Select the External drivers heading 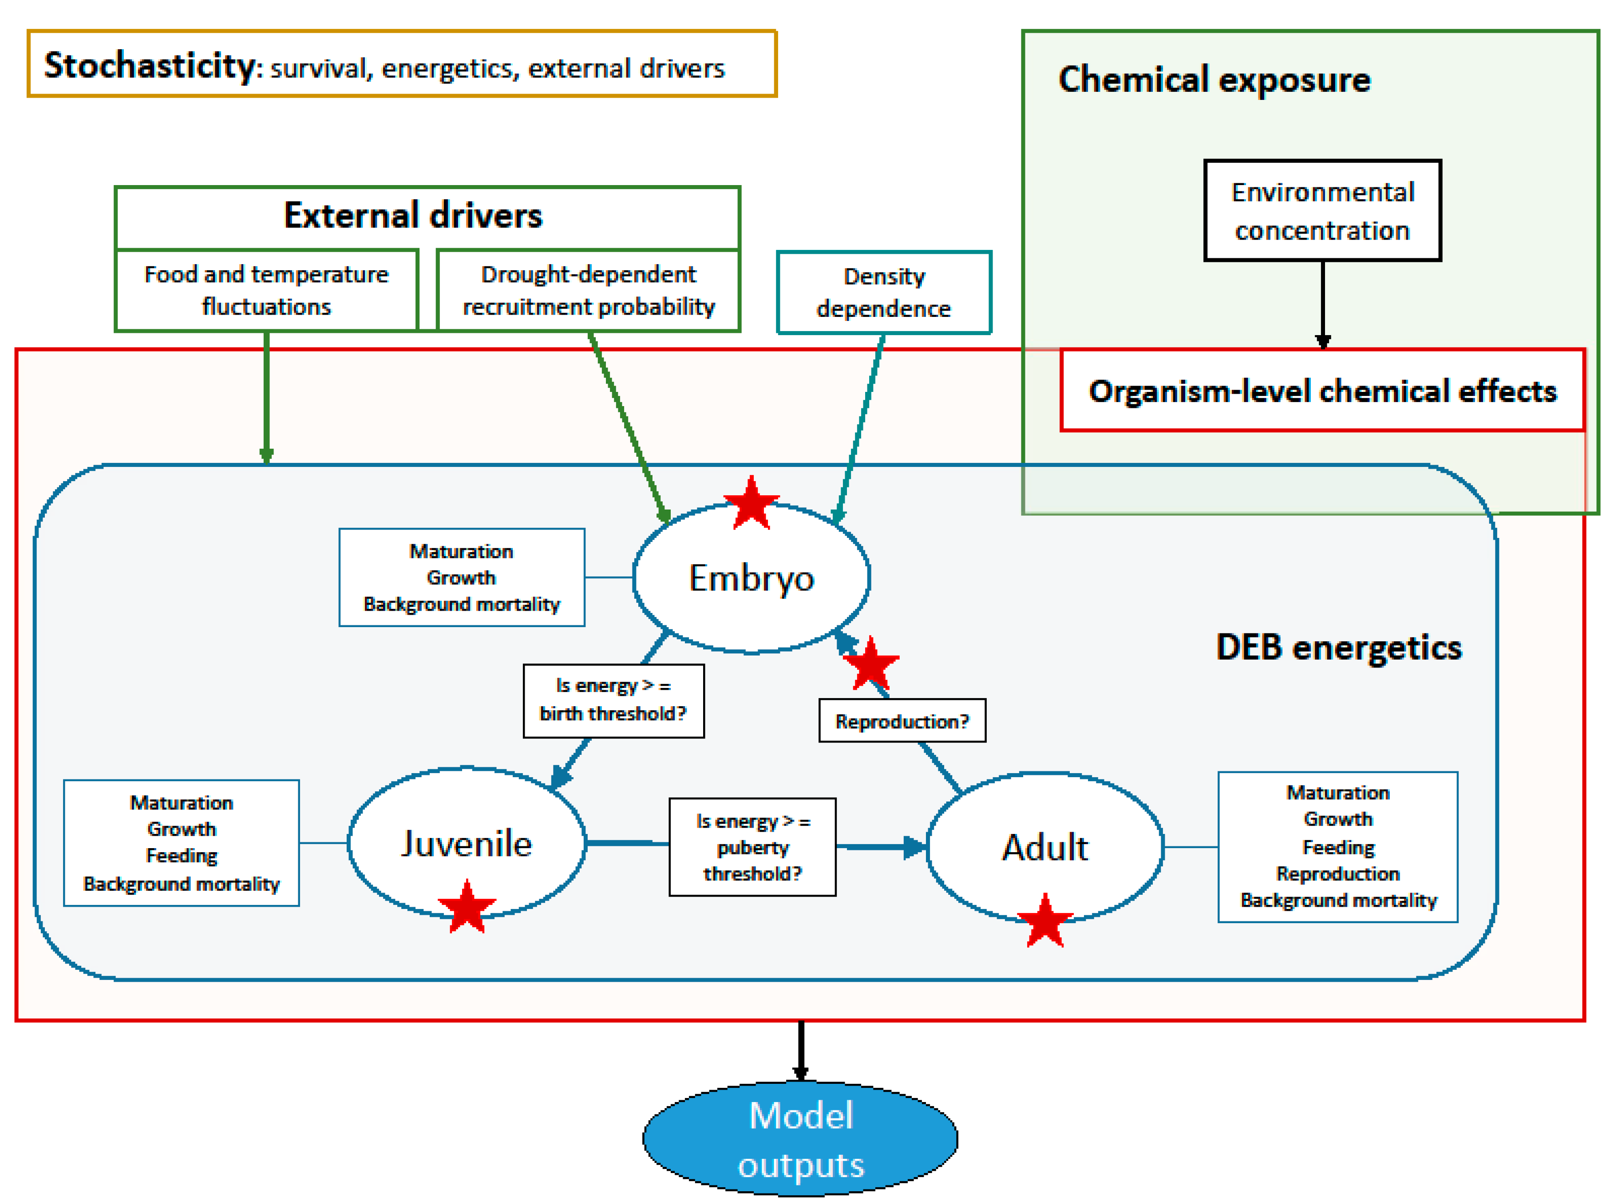click(x=412, y=216)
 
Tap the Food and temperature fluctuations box click(x=266, y=290)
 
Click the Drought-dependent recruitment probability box click(x=588, y=290)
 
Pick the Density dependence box click(x=884, y=292)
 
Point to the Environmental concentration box click(x=1322, y=210)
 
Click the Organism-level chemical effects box click(x=1322, y=391)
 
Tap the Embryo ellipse click(x=752, y=579)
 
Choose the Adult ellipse click(x=1045, y=847)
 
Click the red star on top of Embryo click(x=752, y=502)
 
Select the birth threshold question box click(x=613, y=700)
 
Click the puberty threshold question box click(x=752, y=847)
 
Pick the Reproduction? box click(x=902, y=721)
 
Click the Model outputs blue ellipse click(x=800, y=1138)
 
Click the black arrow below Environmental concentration click(x=1323, y=305)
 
